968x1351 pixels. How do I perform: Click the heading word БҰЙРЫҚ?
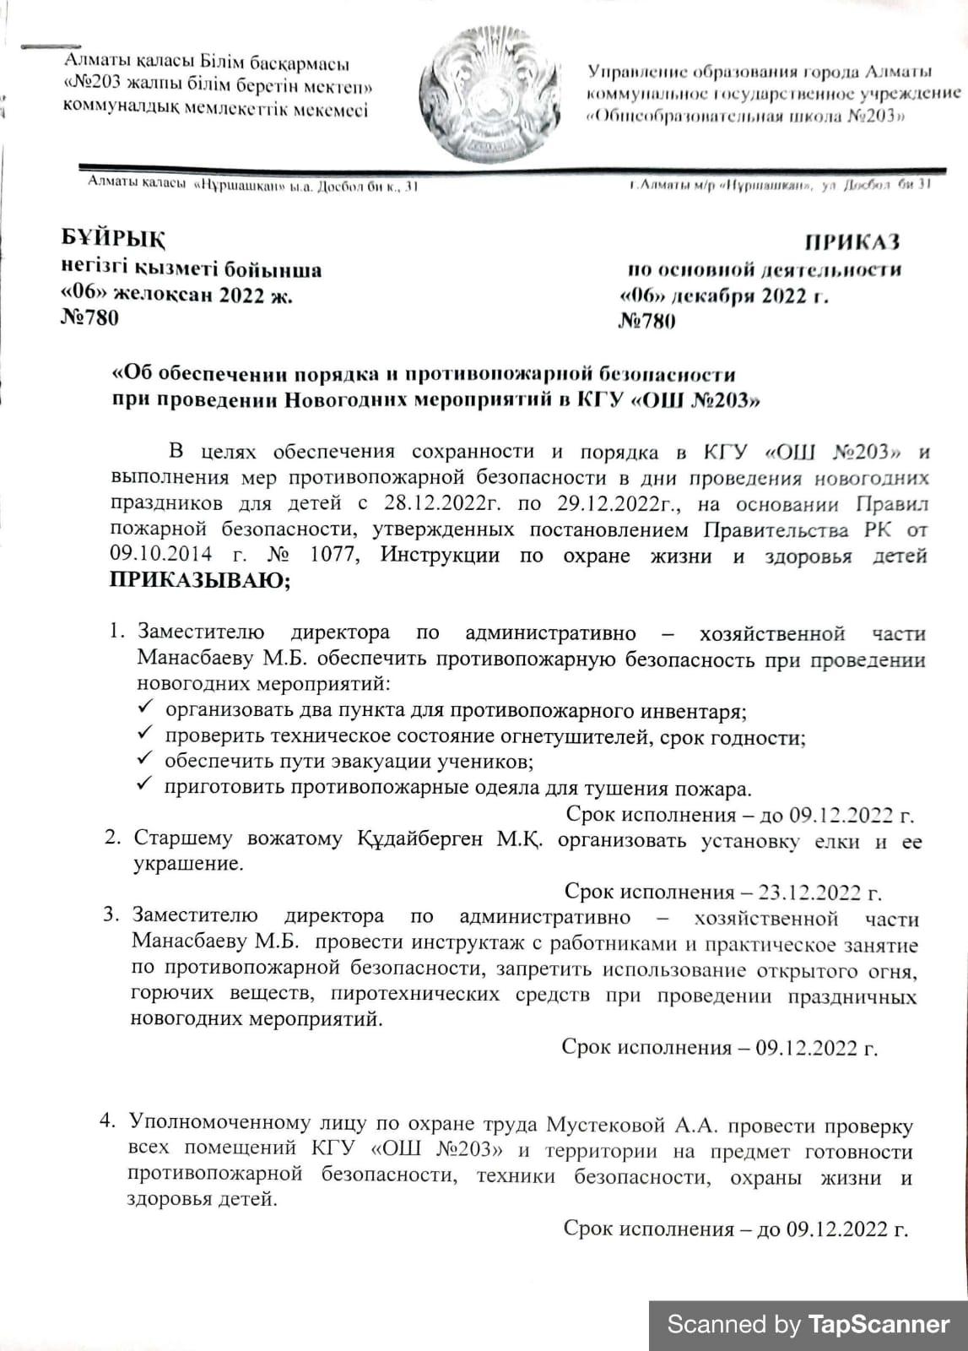(x=113, y=239)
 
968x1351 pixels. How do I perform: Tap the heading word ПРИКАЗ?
(x=852, y=242)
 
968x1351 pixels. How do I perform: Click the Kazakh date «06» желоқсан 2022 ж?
(x=178, y=295)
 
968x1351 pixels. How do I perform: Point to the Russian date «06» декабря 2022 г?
(x=723, y=296)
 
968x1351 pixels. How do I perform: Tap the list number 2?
(x=111, y=838)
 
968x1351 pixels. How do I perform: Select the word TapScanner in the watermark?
(x=878, y=1324)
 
